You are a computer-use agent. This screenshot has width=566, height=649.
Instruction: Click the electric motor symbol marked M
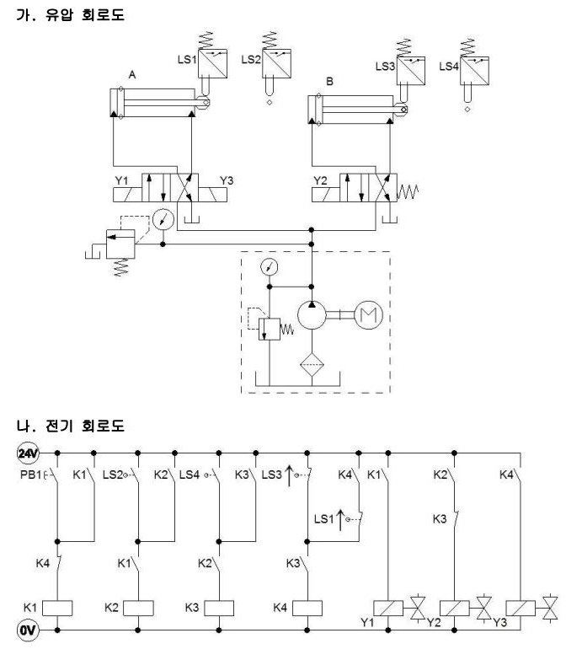[x=368, y=315]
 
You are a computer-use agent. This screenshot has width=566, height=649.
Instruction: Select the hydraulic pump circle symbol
[x=312, y=315]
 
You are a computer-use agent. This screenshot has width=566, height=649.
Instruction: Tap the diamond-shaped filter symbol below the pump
[x=312, y=365]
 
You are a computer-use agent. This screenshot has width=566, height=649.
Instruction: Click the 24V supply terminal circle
[x=28, y=453]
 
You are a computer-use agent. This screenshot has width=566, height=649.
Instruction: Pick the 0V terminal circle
[x=28, y=630]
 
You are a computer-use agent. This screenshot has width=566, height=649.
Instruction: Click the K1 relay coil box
[x=57, y=608]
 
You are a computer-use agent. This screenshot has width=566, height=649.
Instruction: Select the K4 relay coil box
[x=307, y=608]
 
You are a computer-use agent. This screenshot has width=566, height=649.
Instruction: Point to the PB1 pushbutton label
[x=30, y=475]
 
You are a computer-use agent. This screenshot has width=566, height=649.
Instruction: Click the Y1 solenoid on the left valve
[x=127, y=195]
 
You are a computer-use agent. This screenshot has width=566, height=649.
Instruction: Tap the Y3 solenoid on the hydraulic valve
[x=212, y=195]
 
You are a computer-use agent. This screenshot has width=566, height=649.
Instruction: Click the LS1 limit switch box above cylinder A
[x=212, y=64]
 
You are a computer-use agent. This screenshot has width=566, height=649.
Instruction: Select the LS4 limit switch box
[x=474, y=71]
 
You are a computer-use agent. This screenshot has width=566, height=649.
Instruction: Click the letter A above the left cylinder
[x=132, y=75]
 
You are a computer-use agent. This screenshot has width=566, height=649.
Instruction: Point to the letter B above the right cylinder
[x=329, y=82]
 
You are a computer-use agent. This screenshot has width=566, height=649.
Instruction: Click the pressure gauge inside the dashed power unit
[x=269, y=267]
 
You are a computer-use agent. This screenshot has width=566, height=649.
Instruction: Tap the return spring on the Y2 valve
[x=408, y=192]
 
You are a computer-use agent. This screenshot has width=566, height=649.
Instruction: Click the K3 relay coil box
[x=219, y=608]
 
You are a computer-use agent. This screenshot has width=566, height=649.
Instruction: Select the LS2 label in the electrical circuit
[x=113, y=475]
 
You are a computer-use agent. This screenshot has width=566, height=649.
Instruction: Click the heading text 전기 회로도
[x=85, y=426]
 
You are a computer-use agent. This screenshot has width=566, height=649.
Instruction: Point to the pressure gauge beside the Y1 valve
[x=163, y=219]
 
